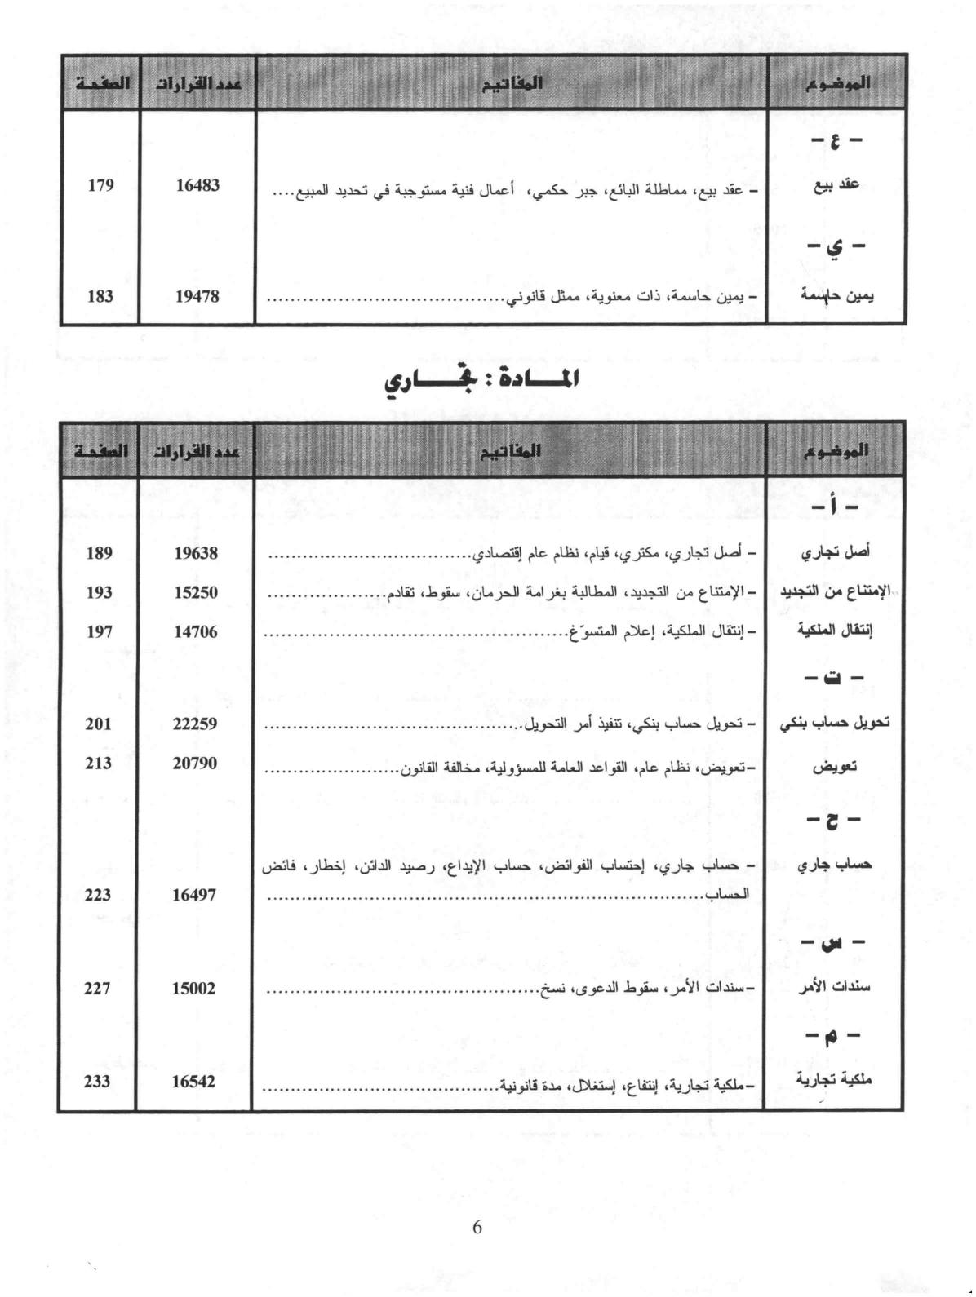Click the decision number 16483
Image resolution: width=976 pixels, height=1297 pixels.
pyautogui.click(x=197, y=186)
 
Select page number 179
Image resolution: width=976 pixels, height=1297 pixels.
pyautogui.click(x=100, y=186)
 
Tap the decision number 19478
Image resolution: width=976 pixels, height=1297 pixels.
pyautogui.click(x=197, y=297)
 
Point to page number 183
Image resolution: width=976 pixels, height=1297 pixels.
pyautogui.click(x=100, y=297)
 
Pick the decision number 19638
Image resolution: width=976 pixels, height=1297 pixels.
pyautogui.click(x=197, y=553)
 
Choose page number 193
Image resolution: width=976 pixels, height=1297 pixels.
pyautogui.click(x=99, y=593)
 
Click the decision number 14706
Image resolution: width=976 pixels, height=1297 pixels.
pyautogui.click(x=197, y=631)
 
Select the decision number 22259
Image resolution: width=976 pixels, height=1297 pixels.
pyautogui.click(x=196, y=724)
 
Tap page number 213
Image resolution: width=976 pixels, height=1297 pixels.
pyautogui.click(x=98, y=764)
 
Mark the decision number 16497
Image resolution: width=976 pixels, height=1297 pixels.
pyautogui.click(x=195, y=895)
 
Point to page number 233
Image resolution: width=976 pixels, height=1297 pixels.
pyautogui.click(x=96, y=1082)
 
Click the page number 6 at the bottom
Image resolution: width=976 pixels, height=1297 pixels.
pyautogui.click(x=478, y=1227)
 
